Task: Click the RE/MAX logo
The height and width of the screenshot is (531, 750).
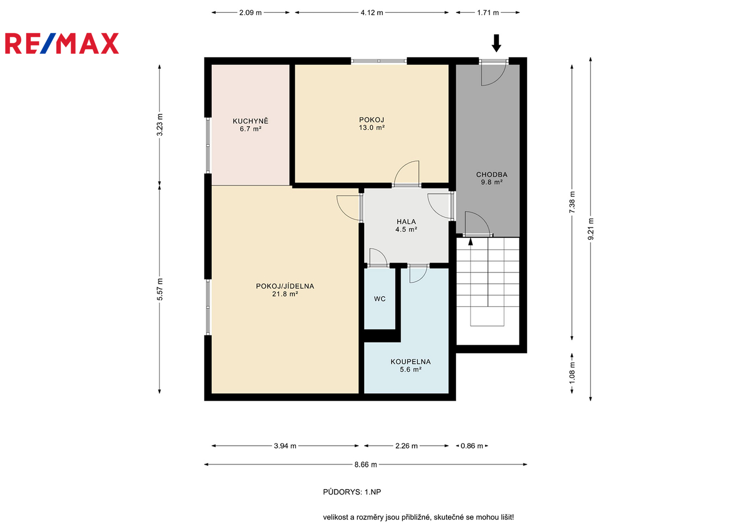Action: [62, 43]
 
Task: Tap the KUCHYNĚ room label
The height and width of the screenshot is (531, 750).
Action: [251, 121]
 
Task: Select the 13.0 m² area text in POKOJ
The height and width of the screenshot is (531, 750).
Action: [372, 128]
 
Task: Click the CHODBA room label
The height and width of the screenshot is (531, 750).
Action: [491, 175]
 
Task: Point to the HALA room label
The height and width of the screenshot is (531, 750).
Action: [406, 222]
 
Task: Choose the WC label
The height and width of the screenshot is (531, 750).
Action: [380, 299]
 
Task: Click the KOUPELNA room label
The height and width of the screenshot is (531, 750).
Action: [410, 362]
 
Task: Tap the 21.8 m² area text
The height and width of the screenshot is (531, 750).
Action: [285, 294]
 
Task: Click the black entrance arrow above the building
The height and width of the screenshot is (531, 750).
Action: [496, 43]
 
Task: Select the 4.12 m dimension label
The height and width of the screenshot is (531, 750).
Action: [372, 13]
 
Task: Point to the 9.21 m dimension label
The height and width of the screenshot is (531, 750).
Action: [591, 229]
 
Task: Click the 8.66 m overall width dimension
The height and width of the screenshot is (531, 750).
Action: [366, 465]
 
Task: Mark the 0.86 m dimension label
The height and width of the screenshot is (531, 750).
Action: [472, 446]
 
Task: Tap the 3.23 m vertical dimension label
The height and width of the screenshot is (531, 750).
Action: [160, 124]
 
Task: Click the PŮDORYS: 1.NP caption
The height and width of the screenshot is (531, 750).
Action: [352, 492]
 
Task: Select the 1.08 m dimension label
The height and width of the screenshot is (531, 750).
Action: [572, 373]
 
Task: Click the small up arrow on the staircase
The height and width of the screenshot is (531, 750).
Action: [470, 242]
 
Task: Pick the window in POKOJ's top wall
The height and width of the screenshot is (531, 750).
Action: [378, 61]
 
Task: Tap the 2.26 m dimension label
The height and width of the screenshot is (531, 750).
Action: [406, 446]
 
